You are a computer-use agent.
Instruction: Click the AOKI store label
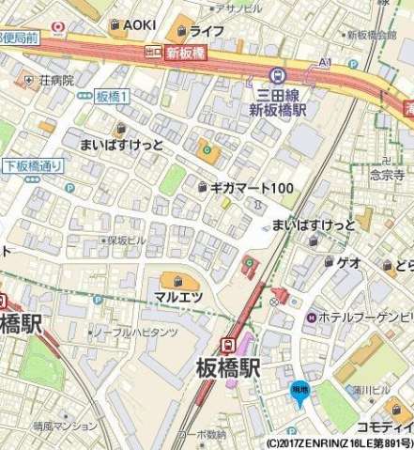[x=139, y=24]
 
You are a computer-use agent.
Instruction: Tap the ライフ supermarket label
[x=206, y=31]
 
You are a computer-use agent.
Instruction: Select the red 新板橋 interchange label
[x=185, y=54]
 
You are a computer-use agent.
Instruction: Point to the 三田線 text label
[x=282, y=93]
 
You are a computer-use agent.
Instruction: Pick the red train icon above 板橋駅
[x=228, y=344]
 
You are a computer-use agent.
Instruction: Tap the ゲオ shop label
[x=349, y=262]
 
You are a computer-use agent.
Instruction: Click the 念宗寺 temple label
[x=386, y=175]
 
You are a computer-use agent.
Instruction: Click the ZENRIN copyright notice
[x=338, y=442]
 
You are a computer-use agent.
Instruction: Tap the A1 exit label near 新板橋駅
[x=325, y=62]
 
